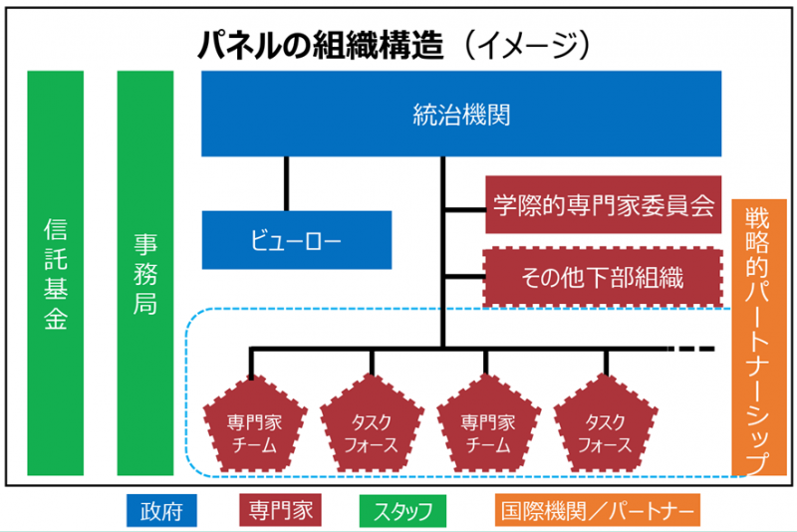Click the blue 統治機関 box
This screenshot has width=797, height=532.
[x=461, y=114]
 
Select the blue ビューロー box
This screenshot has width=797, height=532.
[x=297, y=240]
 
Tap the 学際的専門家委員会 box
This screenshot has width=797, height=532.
[x=604, y=205]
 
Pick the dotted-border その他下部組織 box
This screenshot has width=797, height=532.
[x=603, y=277]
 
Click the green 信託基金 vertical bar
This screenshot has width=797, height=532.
[x=56, y=273]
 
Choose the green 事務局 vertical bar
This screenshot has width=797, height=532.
[x=145, y=273]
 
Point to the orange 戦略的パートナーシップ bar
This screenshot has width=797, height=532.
[x=759, y=338]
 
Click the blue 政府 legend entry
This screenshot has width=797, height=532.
[x=161, y=511]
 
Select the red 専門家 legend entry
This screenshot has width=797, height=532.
[x=281, y=510]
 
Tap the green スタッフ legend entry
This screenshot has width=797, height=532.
[x=402, y=511]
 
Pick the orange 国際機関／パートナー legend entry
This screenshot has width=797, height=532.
[x=598, y=510]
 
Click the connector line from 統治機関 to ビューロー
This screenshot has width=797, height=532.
[x=286, y=183]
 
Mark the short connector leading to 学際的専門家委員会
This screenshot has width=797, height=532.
[x=465, y=209]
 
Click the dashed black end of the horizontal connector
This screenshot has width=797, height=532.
[x=691, y=349]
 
